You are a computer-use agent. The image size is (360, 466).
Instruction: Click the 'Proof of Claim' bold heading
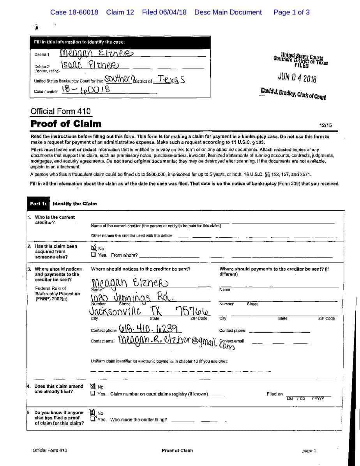[x=66, y=124]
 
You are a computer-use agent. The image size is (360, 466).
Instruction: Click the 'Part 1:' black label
[x=38, y=203]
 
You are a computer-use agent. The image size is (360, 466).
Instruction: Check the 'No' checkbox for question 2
[x=93, y=248]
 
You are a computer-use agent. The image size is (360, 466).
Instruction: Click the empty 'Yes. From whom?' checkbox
[x=93, y=255]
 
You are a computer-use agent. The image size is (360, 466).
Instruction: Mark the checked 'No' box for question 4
[x=93, y=386]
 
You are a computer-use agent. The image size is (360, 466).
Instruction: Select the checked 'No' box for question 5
[x=93, y=412]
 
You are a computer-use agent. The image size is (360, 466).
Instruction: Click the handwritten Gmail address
[x=171, y=341]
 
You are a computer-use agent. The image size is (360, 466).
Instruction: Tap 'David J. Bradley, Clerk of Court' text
[x=293, y=94]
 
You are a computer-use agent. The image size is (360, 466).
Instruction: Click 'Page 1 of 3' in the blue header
[x=291, y=12]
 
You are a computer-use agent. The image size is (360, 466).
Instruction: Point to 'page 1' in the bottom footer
[x=309, y=451]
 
